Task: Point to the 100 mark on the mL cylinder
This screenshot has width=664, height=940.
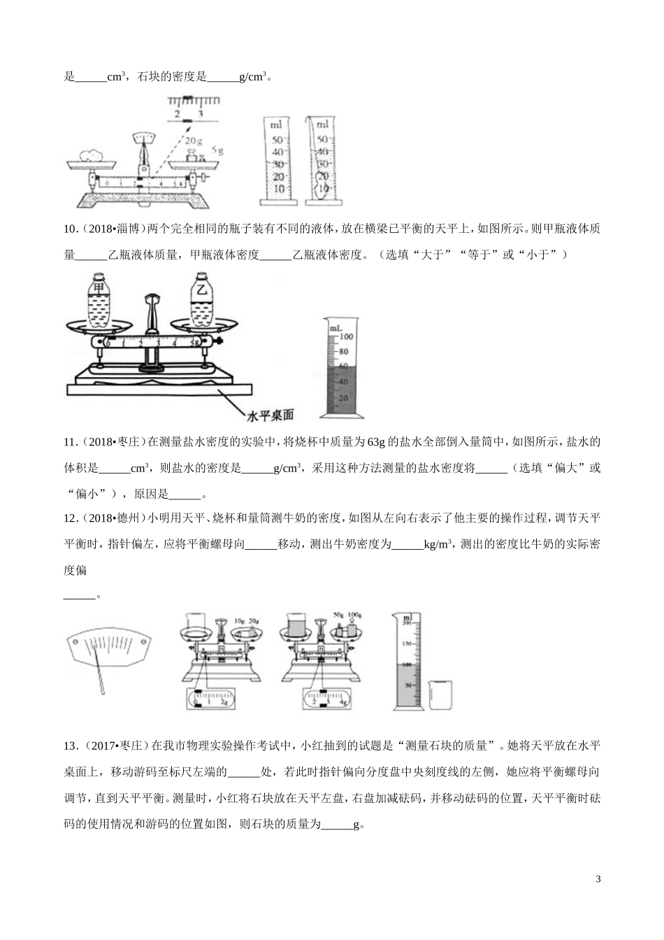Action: coord(347,336)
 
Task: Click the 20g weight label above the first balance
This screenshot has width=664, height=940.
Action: coord(193,139)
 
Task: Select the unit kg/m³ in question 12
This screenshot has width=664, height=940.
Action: coord(438,544)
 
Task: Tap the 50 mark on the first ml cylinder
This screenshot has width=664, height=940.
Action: coord(278,140)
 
